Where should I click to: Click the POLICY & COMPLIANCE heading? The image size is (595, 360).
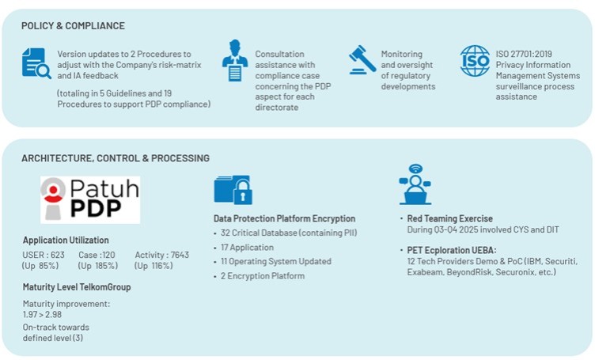tap(73, 26)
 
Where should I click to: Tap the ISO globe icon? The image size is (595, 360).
tap(475, 61)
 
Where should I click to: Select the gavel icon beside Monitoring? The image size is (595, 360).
tap(362, 59)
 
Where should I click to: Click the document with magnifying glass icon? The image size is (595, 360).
tap(36, 63)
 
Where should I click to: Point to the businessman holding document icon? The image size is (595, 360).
tap(235, 60)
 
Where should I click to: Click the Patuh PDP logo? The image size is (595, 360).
tap(90, 199)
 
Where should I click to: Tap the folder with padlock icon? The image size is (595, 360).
tap(233, 190)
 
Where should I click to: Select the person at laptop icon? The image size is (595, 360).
tap(415, 184)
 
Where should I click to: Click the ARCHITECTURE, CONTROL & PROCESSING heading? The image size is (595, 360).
tap(116, 158)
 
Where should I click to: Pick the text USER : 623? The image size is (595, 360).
tap(44, 255)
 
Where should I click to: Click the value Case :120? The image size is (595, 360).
tap(97, 255)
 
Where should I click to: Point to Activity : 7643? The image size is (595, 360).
tap(161, 255)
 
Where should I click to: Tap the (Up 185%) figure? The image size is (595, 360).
tap(98, 266)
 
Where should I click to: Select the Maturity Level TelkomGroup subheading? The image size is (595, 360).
tap(77, 287)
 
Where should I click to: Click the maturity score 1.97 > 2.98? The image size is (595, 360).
tap(42, 314)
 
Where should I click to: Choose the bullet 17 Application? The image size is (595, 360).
tap(247, 248)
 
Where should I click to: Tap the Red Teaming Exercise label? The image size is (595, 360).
tap(449, 218)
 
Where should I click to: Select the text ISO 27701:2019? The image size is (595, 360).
tap(524, 54)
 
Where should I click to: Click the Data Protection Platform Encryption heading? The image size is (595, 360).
tap(284, 218)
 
